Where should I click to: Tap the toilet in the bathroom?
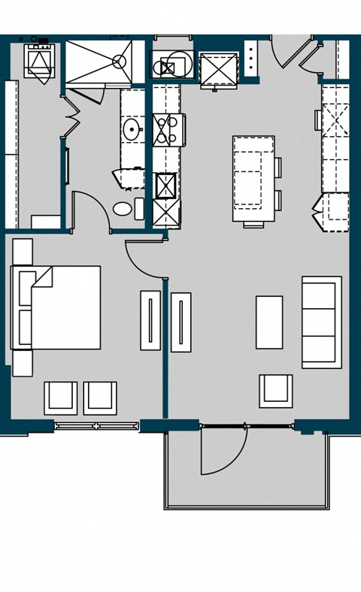[x=123, y=208]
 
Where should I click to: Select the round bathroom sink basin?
[x=132, y=130]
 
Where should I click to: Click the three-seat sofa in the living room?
[x=321, y=322]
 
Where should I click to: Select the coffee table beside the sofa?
[x=268, y=322]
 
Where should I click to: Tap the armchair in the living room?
[x=276, y=390]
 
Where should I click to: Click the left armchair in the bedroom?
[x=60, y=397]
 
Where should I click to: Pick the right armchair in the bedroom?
[x=100, y=397]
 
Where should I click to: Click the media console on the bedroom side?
[x=150, y=319]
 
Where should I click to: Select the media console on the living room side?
[x=180, y=322]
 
